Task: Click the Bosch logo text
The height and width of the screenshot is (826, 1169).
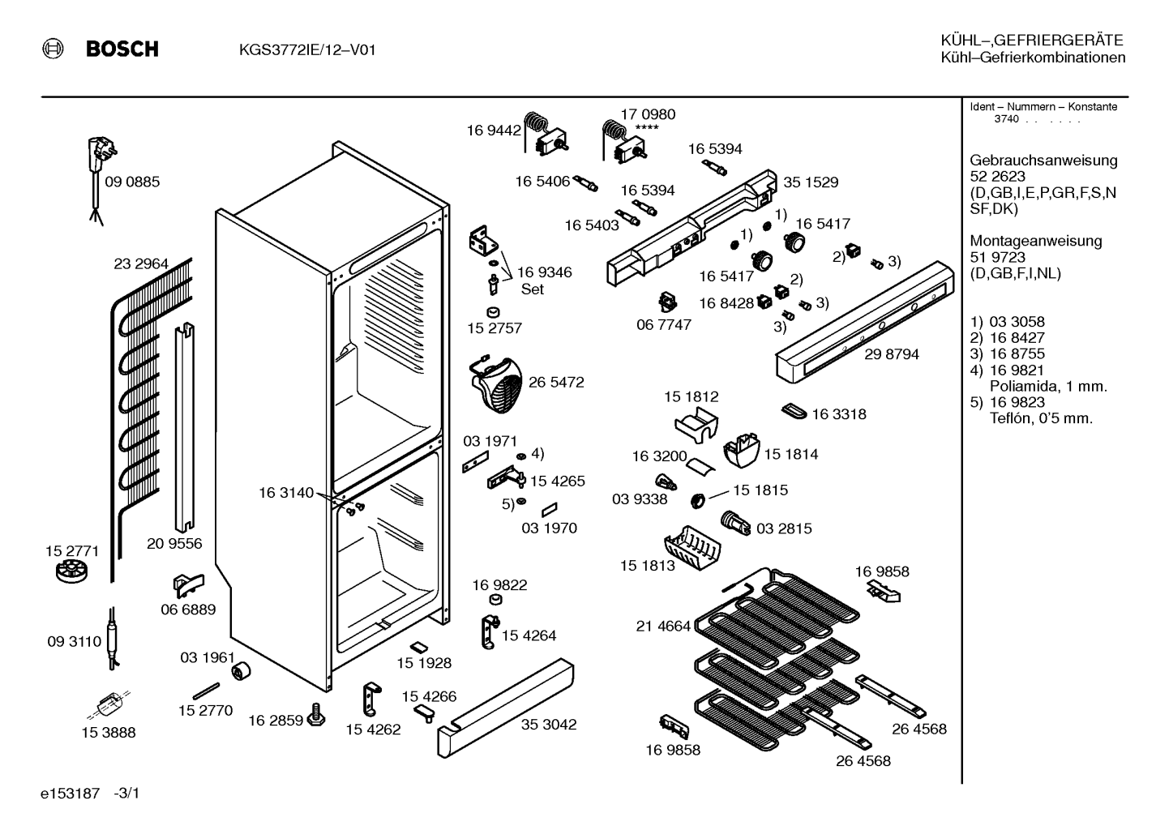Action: click(122, 49)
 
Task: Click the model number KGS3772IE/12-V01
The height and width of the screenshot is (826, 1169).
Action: click(307, 50)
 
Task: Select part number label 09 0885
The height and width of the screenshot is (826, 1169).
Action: click(132, 182)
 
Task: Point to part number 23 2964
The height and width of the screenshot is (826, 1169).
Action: click(141, 264)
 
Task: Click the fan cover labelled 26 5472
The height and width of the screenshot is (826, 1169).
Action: click(496, 384)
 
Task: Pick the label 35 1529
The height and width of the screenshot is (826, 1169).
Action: click(811, 182)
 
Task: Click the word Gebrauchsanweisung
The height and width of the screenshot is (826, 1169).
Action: click(1043, 160)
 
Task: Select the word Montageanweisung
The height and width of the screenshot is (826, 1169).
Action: click(1036, 241)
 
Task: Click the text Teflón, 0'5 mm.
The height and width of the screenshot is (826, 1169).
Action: click(1041, 418)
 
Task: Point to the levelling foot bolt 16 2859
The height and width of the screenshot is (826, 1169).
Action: click(316, 714)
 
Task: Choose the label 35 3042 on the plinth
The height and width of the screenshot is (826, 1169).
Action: click(549, 724)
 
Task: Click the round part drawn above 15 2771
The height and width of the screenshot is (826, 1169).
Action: click(71, 571)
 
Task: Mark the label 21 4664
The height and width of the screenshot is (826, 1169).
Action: click(663, 626)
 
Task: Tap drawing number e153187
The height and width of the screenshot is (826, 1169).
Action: click(70, 794)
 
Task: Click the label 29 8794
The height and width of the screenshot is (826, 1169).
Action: click(892, 354)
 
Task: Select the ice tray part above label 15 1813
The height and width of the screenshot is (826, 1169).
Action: click(692, 547)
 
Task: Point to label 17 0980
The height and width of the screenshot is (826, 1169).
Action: click(648, 114)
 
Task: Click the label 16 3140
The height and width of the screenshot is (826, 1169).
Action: click(286, 493)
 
